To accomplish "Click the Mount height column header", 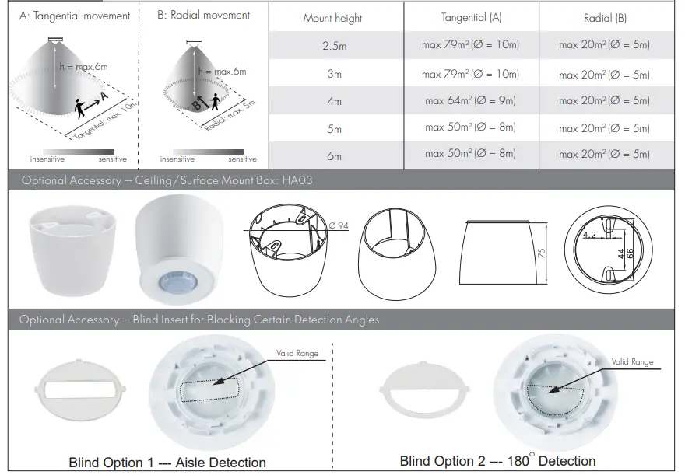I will [x=332, y=18].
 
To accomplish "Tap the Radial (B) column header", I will [x=605, y=18].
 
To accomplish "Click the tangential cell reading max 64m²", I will [x=470, y=100].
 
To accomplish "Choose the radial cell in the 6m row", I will [x=604, y=155].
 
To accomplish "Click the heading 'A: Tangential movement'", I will [x=75, y=16].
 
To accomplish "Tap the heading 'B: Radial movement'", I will [x=204, y=16].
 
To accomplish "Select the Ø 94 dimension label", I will [x=339, y=225].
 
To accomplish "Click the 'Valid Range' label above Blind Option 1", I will [x=297, y=354].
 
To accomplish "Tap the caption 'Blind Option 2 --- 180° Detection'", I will [x=498, y=461].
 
